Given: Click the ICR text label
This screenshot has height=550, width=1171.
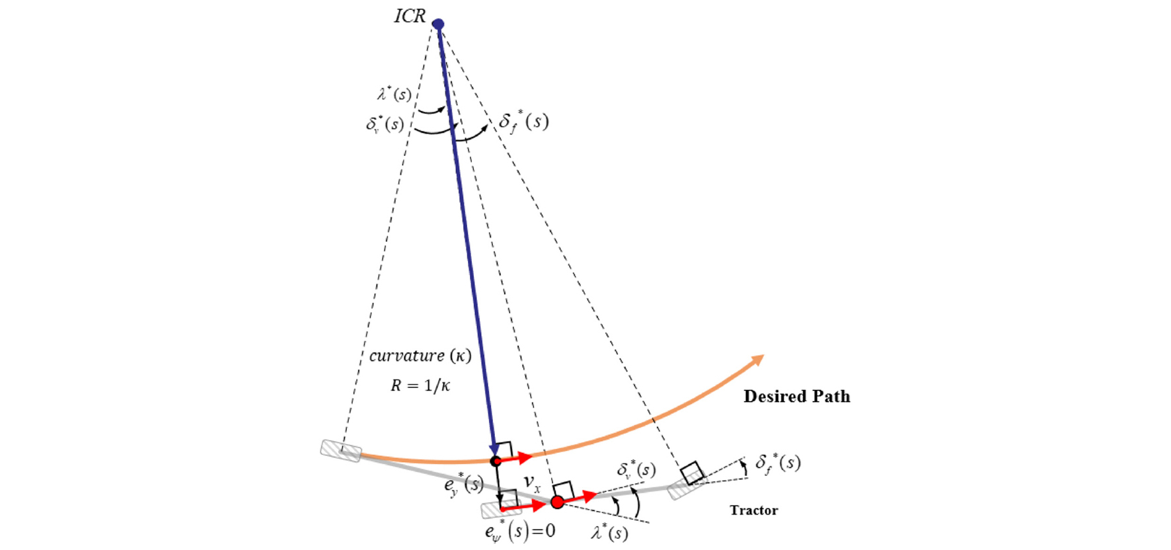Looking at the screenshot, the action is (410, 16).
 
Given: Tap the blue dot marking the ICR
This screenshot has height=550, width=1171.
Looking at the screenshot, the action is (438, 24).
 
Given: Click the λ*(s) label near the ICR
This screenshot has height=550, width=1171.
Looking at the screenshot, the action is (395, 94).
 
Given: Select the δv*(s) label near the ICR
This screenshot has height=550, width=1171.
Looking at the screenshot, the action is (385, 123).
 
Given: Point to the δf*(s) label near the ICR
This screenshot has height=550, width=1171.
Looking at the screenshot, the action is (523, 122).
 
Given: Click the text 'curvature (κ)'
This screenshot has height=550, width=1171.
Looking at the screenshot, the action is (420, 356).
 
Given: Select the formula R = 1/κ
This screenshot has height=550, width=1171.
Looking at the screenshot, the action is (420, 385).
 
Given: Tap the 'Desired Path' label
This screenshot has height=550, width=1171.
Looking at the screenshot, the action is (797, 396).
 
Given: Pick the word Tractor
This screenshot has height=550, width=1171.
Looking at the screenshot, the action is (754, 510).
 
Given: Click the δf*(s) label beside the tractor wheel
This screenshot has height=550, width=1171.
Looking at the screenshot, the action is (778, 462).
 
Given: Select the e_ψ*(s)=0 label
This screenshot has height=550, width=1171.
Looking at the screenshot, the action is (520, 531).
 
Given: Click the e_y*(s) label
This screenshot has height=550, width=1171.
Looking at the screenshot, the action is (464, 485).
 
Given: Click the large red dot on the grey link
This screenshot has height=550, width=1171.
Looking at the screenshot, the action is (558, 502).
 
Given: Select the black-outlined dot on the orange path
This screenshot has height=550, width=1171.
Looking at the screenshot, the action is (496, 461).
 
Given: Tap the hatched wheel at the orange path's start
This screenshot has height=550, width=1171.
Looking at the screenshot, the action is (341, 450).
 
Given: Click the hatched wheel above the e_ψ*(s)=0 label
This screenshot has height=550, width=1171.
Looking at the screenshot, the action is (502, 510).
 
